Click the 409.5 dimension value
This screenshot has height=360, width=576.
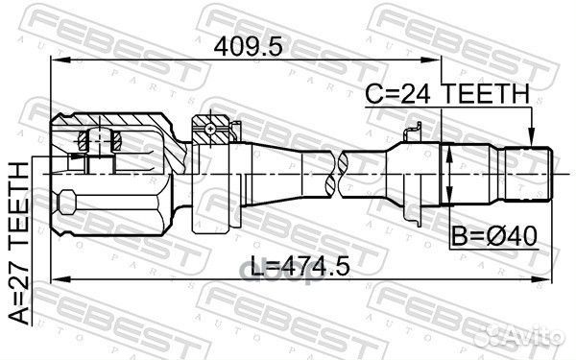point(249,47)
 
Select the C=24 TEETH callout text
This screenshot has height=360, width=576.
point(447,94)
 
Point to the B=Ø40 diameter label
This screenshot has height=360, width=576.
point(494,236)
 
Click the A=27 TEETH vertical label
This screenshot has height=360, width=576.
point(19,243)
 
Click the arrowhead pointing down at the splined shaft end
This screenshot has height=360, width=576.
point(531,138)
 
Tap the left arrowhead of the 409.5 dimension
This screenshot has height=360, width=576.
point(60,60)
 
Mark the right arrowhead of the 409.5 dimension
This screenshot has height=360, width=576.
point(431,60)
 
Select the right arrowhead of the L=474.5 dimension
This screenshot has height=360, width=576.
point(542,280)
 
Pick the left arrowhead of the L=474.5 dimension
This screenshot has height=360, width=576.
point(60,280)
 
